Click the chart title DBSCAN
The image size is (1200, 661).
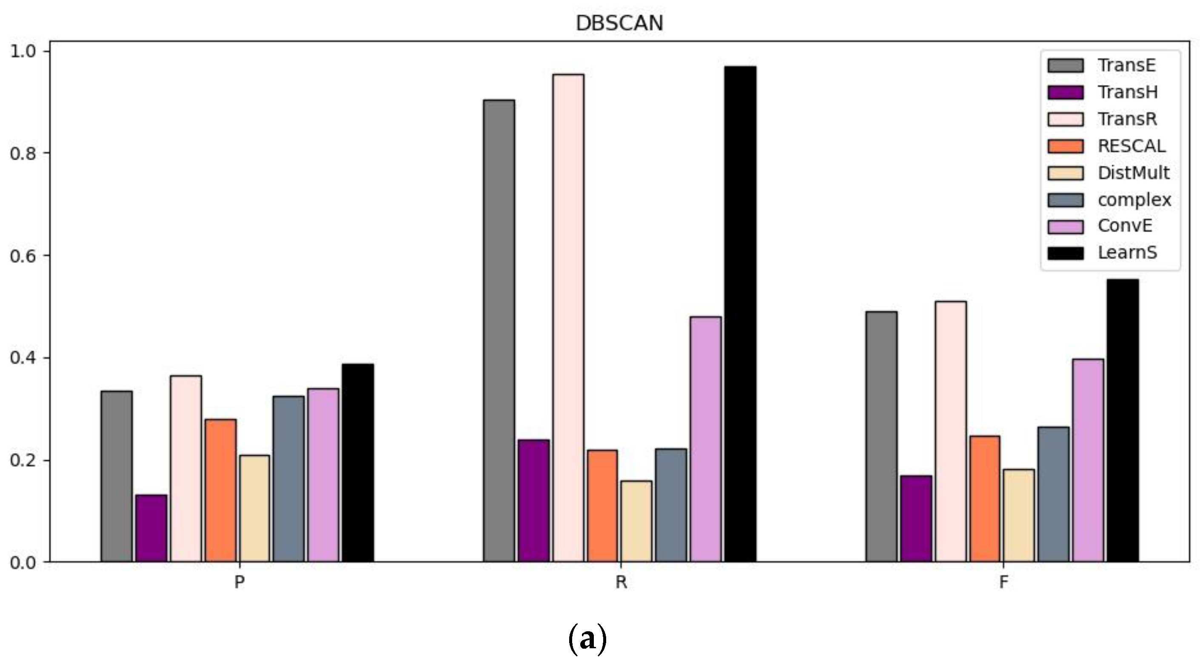coord(619,23)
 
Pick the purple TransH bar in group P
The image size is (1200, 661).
coord(151,528)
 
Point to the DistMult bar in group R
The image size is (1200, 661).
coord(637,521)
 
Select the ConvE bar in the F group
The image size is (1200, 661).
coord(1088,460)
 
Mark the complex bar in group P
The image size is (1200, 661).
coord(289,479)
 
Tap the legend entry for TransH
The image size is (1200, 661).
coord(1127,92)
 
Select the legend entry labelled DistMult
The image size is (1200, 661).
coord(1133,173)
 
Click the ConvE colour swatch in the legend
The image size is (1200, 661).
coord(1066,227)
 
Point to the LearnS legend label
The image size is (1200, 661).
coord(1127,253)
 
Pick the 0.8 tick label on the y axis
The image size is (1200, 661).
coord(23,153)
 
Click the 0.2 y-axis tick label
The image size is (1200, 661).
coord(23,460)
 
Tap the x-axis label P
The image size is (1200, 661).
coord(239,582)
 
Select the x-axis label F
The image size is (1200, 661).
coord(1004,582)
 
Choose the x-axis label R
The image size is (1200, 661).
coord(621,582)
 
